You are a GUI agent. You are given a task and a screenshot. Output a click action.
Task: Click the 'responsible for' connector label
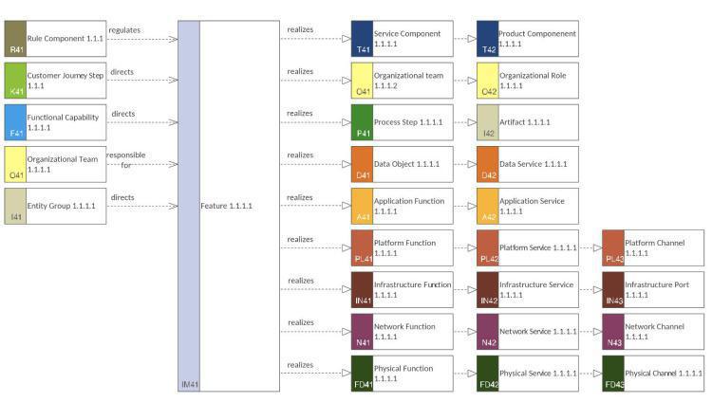(125, 159)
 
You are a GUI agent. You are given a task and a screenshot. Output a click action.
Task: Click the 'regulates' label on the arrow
(124, 30)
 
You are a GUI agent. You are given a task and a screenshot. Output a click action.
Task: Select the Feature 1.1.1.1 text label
(226, 206)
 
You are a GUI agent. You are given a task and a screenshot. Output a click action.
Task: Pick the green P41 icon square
(362, 122)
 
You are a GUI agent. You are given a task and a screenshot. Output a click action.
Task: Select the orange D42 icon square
(487, 164)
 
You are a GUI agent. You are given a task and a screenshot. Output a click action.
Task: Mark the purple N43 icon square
(612, 331)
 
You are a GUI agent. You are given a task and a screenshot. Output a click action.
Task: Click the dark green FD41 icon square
(362, 373)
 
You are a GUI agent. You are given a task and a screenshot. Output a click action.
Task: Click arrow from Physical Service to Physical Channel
(588, 373)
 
